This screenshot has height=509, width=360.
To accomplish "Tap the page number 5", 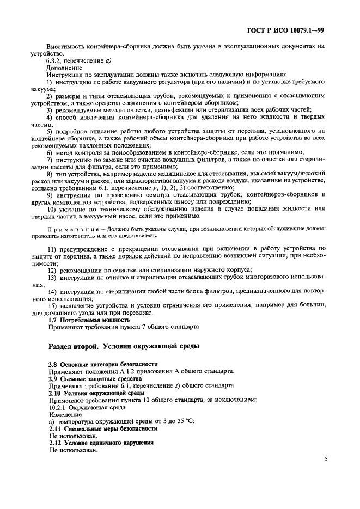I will (325, 459).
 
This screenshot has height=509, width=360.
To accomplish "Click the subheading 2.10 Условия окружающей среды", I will (96, 393).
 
